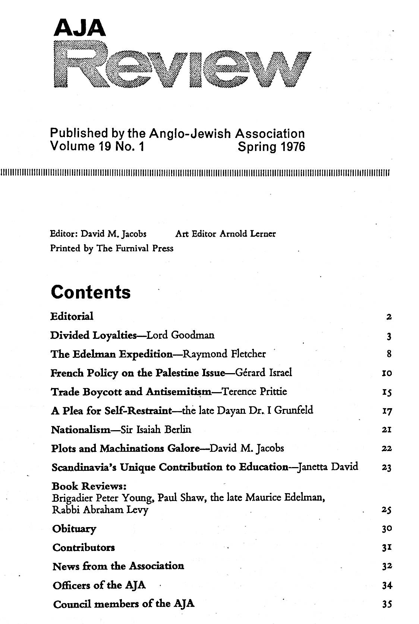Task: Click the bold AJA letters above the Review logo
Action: (79, 28)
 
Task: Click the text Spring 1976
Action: (271, 146)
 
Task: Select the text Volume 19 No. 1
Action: (97, 146)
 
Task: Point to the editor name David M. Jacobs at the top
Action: (114, 234)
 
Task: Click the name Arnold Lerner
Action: (248, 234)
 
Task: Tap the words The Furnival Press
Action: (135, 248)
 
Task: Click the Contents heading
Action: (91, 292)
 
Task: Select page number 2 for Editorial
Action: (389, 318)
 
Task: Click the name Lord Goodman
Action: (180, 335)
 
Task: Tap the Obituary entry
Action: (74, 529)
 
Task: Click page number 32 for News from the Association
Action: (387, 567)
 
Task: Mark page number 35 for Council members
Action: (387, 604)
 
